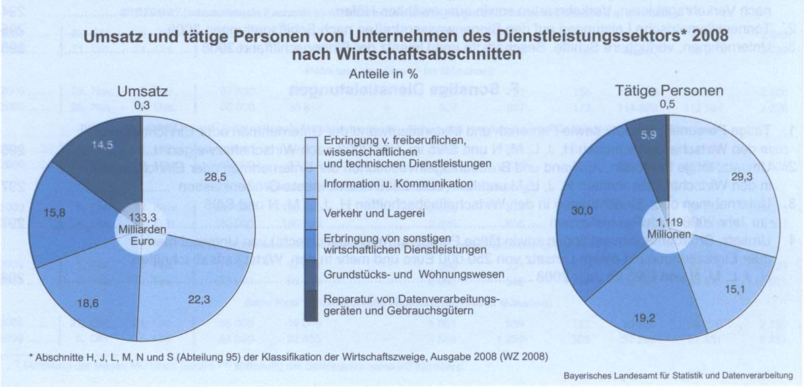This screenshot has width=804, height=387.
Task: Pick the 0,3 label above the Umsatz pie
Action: (142, 104)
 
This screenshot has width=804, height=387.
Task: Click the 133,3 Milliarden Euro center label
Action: (142, 229)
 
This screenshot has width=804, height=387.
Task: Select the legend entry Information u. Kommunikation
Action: (387, 184)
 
